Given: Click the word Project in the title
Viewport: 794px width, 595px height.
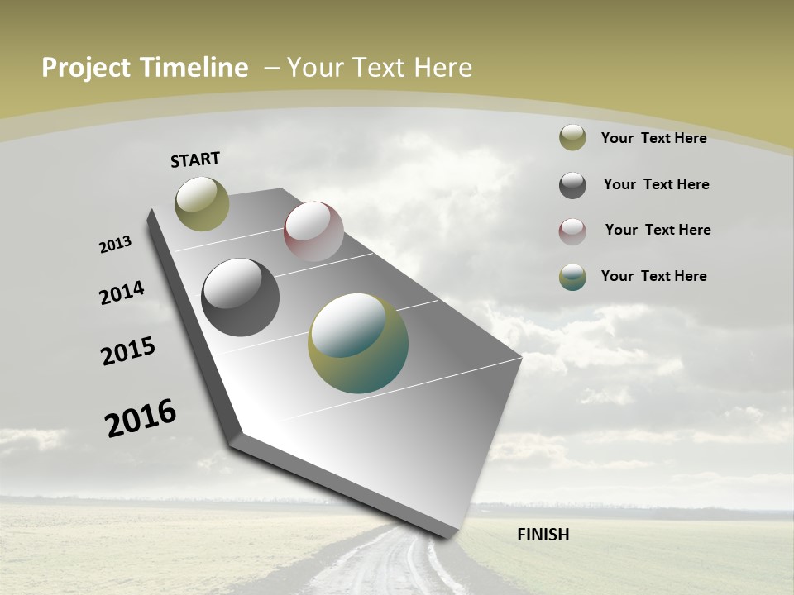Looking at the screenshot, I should click(86, 68).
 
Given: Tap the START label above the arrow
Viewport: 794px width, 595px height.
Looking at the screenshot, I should click(195, 159).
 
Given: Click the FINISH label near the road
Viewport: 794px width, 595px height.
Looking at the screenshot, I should click(543, 535).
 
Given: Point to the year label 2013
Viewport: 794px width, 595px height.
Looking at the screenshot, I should click(115, 245).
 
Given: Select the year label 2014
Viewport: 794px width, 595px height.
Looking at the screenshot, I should click(122, 293).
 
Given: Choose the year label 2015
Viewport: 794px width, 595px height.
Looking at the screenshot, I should click(128, 351).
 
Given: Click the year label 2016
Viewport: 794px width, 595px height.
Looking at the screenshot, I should click(141, 417).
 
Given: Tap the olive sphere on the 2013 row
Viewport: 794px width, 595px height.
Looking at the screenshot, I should click(202, 203).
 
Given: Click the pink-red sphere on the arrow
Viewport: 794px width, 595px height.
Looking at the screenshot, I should click(313, 231).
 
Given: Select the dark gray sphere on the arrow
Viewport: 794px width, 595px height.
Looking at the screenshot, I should click(240, 297).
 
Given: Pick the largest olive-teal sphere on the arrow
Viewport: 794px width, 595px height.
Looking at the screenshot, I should click(358, 343).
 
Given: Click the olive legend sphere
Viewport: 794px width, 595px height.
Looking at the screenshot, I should click(572, 138).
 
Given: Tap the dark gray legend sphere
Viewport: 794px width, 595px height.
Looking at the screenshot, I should click(572, 185).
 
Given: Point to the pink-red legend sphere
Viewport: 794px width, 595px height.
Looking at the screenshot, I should click(572, 231).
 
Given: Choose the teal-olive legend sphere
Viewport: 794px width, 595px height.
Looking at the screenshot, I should click(572, 277).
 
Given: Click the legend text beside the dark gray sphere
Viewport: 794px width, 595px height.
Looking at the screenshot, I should click(656, 184).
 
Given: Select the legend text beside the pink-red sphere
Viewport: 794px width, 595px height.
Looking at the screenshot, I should click(658, 230).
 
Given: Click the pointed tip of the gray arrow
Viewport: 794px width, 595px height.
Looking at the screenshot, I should click(447, 535).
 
